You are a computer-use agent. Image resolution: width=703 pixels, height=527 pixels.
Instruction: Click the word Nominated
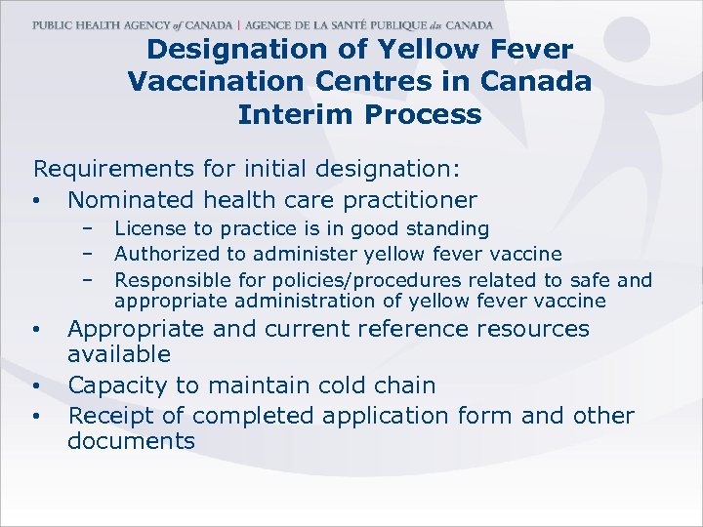click(130, 200)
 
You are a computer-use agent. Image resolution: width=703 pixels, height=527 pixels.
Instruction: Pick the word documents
click(131, 440)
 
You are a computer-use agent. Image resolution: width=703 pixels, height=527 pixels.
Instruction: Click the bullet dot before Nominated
click(36, 202)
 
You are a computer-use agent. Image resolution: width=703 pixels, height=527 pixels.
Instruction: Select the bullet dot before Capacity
click(36, 386)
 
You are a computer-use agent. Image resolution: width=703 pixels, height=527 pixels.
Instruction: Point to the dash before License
click(88, 228)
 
